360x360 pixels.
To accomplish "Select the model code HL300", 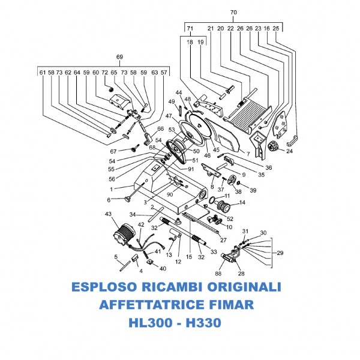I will [152, 323].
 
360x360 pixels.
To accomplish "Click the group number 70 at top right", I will [233, 12].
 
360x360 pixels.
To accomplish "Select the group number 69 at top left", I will [119, 57].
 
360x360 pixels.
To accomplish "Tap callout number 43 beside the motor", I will [108, 214].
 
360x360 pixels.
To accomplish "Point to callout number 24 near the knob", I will [289, 152].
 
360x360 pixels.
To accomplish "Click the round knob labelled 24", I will [275, 145].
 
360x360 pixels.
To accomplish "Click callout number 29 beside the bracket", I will [280, 253].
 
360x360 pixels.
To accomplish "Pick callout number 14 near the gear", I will [242, 203].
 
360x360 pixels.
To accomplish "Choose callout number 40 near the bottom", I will [163, 268].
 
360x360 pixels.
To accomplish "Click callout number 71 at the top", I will [190, 28].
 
